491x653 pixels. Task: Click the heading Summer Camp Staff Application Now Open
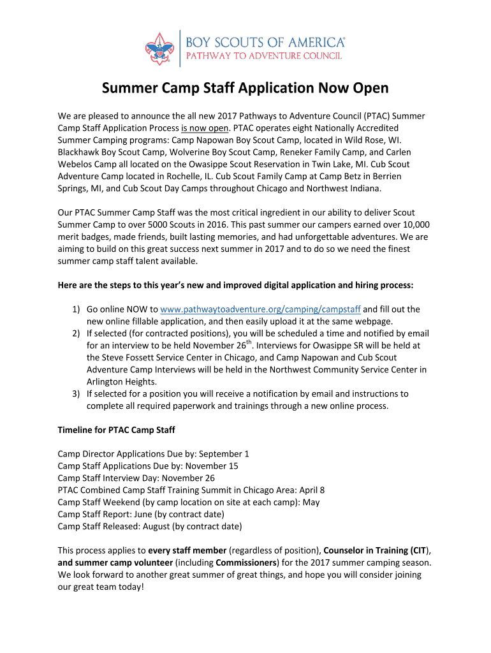coord(246,88)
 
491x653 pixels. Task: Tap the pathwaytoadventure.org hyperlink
coord(260,309)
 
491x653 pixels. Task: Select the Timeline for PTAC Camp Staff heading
coord(117,430)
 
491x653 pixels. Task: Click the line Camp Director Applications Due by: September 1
coord(153,454)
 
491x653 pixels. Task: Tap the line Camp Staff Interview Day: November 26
coord(136,478)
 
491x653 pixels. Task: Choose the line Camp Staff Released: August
coord(149,526)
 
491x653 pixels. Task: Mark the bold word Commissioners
coord(246,562)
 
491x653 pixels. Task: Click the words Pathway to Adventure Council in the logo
coord(263,56)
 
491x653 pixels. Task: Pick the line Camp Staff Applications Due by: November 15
coord(147,466)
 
